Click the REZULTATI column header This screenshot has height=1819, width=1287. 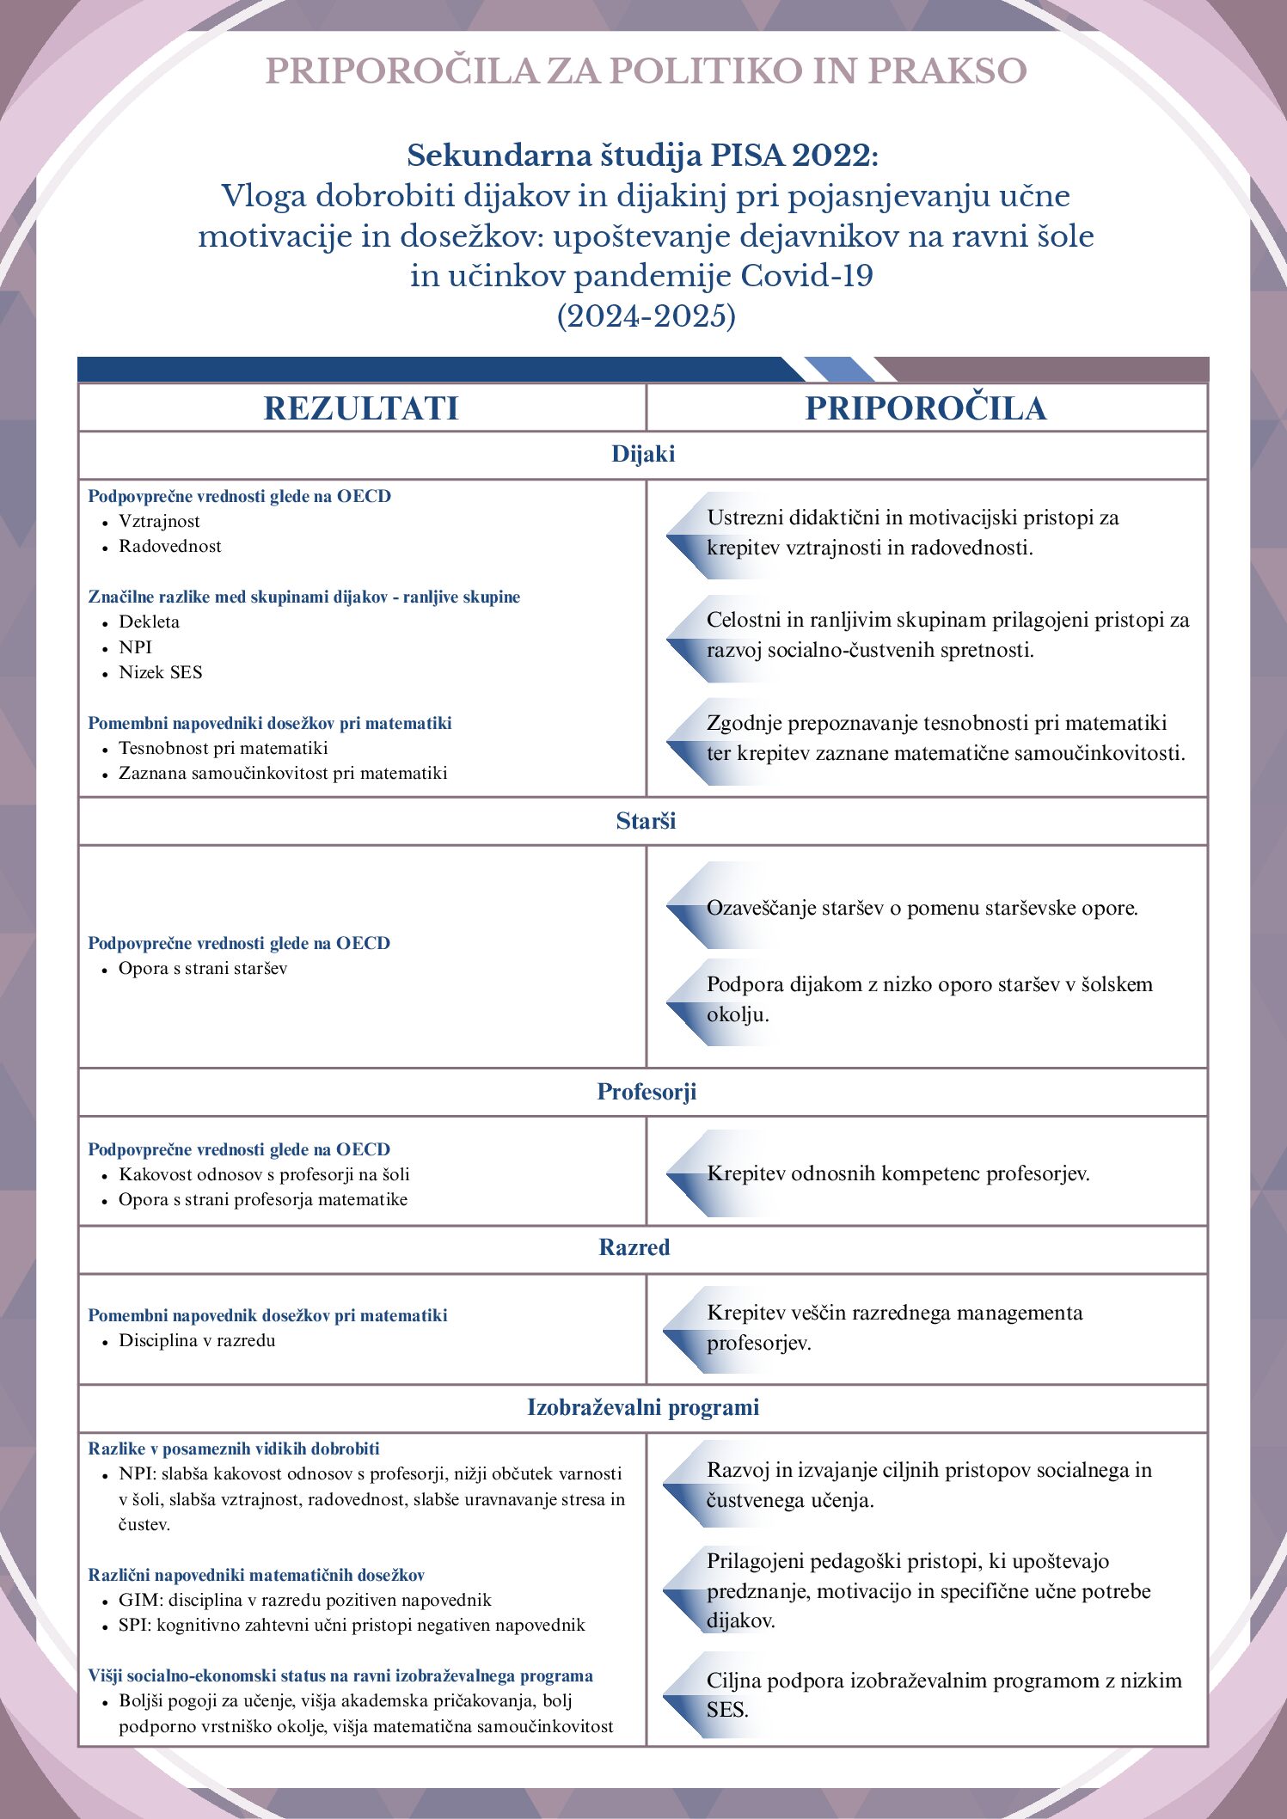tap(361, 408)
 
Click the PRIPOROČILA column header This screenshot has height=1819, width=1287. tap(926, 408)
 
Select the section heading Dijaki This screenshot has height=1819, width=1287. tap(643, 455)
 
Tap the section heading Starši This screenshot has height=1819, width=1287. tap(646, 822)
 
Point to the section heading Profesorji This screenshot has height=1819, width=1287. tap(647, 1093)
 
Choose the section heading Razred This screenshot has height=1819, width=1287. tap(634, 1248)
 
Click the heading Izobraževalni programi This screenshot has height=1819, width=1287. tap(643, 1408)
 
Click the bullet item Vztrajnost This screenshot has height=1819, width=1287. tap(159, 522)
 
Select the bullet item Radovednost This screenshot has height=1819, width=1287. tap(170, 547)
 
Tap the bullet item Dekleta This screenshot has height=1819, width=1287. tap(149, 622)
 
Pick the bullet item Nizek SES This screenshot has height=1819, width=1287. tap(161, 673)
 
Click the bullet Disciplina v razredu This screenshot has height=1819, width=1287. tap(197, 1341)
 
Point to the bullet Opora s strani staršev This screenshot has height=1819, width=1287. tap(203, 969)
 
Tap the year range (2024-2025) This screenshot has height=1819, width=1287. tap(647, 316)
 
